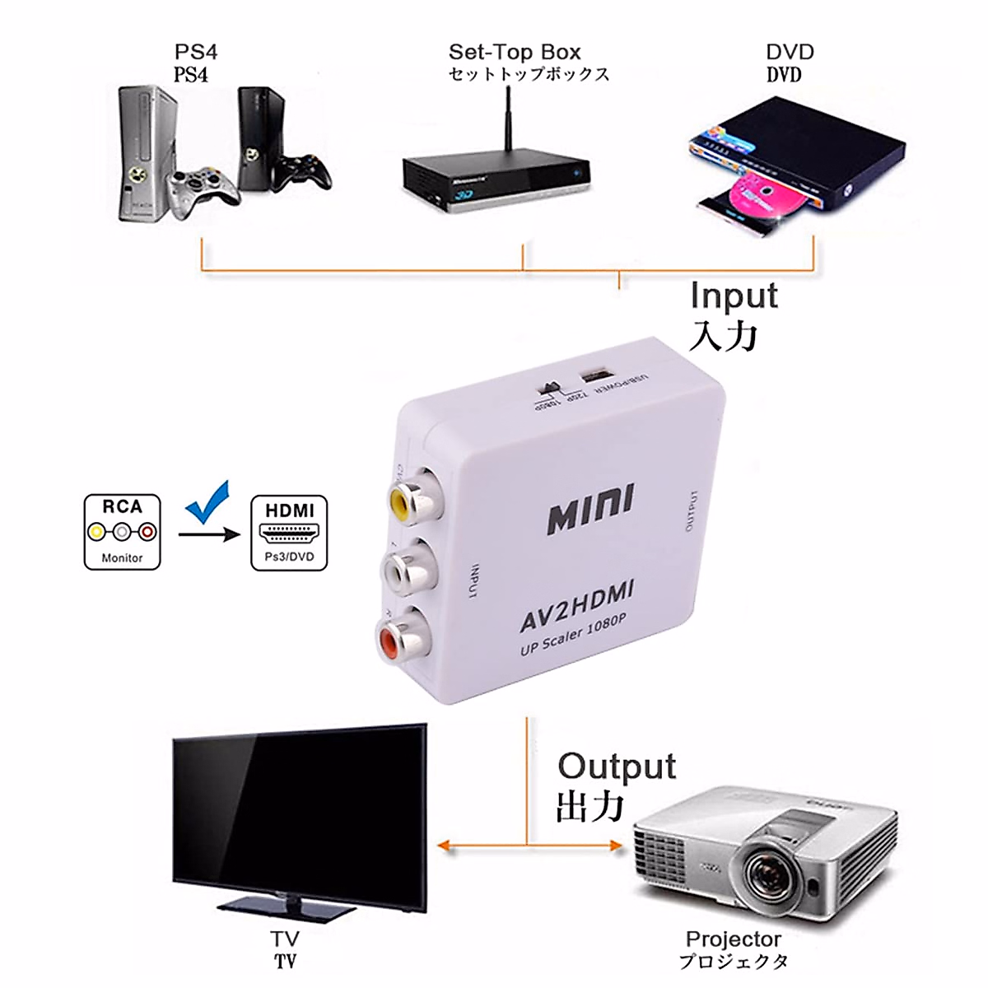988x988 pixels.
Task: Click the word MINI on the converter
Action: pos(590,510)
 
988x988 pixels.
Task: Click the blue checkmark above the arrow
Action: pos(207,507)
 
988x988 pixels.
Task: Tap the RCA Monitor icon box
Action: pos(123,532)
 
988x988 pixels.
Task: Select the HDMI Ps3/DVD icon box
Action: pos(289,532)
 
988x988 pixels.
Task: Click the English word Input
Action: pos(734,296)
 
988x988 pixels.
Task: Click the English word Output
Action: pos(617,767)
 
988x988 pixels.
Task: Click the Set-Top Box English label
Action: pos(515,53)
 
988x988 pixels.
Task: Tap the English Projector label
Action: pos(733,939)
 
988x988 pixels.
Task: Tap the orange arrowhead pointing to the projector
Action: pos(615,845)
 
